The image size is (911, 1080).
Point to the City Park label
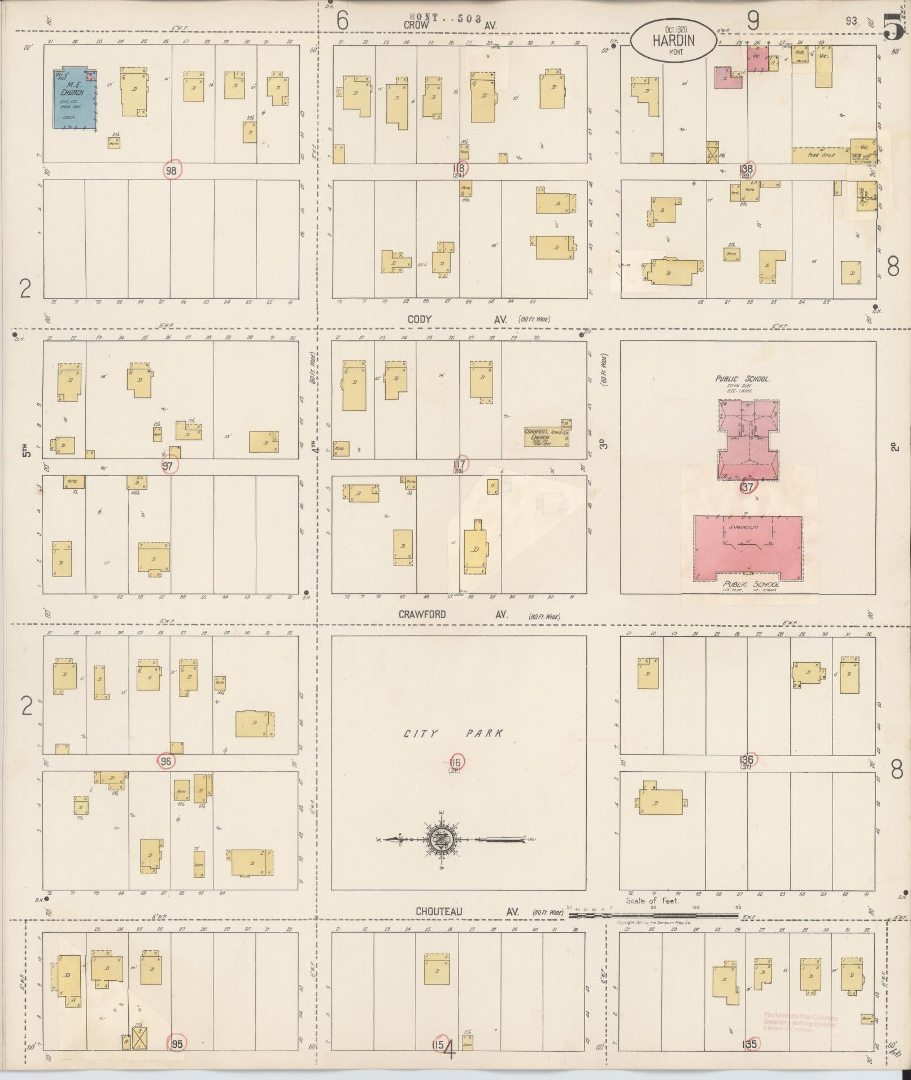453,734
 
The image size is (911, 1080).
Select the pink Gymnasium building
748,544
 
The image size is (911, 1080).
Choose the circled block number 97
168,465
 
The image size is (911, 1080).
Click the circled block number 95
177,1044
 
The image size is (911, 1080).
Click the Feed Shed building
820,155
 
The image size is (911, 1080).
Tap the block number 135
749,1044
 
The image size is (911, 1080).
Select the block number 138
747,168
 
